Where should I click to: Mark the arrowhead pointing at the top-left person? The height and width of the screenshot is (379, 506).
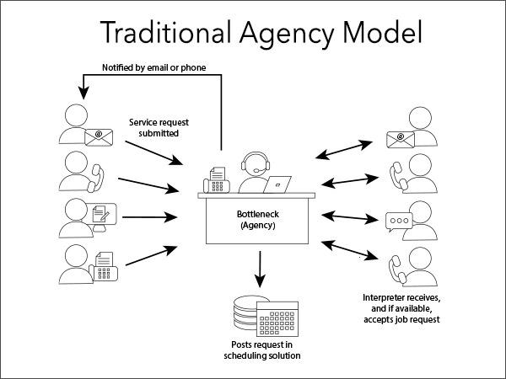[80, 85]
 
